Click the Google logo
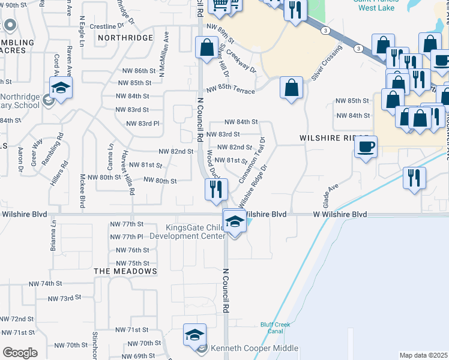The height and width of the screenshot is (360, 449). (20, 353)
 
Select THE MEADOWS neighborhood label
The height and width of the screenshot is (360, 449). (125, 271)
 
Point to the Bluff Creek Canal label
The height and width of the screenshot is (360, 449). (276, 328)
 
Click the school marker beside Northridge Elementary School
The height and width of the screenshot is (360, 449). (61, 88)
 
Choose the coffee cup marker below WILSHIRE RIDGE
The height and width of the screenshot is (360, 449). (366, 146)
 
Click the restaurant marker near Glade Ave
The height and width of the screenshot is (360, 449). (414, 178)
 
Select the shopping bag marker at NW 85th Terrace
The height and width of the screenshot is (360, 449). (291, 88)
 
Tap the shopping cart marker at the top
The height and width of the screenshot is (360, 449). (219, 5)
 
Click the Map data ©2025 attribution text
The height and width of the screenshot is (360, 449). (423, 355)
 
